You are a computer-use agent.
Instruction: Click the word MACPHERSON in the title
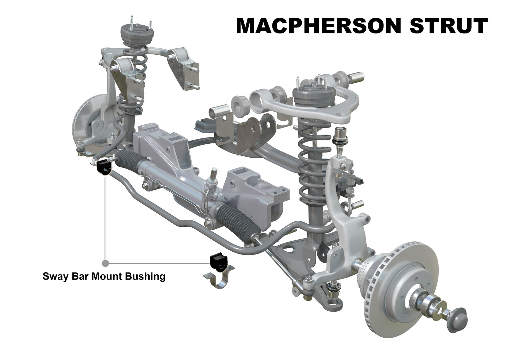pyautogui.click(x=318, y=26)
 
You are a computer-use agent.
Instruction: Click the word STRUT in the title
pyautogui.click(x=449, y=26)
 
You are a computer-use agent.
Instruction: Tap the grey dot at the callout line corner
pyautogui.click(x=105, y=263)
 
